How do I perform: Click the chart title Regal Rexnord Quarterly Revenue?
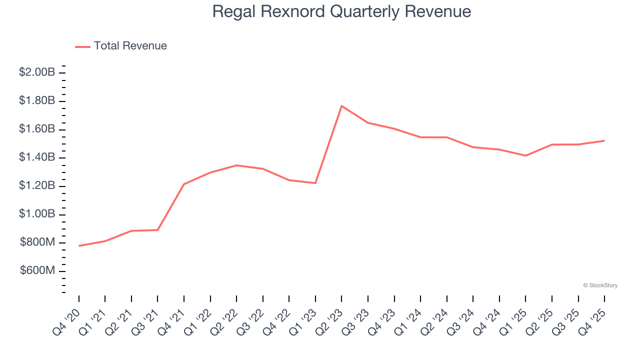341,11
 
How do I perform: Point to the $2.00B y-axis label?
37,72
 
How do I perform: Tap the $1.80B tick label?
37,101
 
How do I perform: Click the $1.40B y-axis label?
37,157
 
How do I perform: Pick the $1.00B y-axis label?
37,214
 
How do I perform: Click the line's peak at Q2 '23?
341,106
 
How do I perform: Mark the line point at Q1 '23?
315,183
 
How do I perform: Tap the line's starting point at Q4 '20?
79,246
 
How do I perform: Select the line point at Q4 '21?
184,184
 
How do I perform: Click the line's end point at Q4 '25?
604,140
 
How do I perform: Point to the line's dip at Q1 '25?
525,155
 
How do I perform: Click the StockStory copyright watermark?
600,285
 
